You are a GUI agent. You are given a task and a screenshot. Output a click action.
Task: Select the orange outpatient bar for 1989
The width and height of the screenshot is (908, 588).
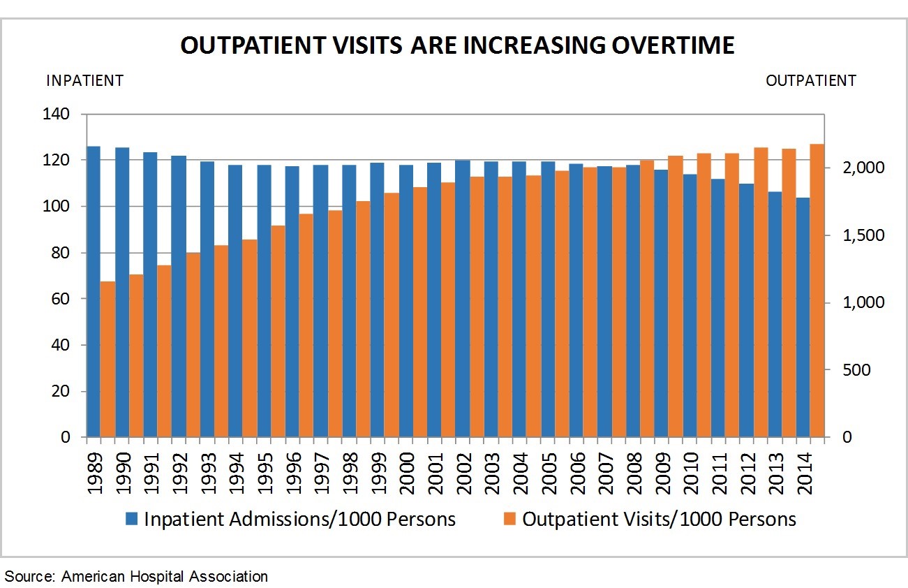[107, 360]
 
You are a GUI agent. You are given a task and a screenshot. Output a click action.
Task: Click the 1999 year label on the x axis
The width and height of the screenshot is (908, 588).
[378, 471]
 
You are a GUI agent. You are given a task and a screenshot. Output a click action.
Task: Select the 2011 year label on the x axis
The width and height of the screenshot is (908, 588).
[719, 471]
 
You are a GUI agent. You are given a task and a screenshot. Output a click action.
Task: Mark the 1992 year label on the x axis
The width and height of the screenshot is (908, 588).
[179, 471]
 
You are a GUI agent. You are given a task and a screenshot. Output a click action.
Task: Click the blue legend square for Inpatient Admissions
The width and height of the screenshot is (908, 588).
[132, 519]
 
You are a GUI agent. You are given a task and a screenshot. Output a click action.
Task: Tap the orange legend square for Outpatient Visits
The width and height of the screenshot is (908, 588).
[510, 519]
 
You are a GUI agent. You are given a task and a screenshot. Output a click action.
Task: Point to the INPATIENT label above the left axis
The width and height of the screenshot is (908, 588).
[84, 80]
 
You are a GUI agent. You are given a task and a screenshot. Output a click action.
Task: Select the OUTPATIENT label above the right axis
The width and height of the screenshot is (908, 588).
[810, 80]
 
